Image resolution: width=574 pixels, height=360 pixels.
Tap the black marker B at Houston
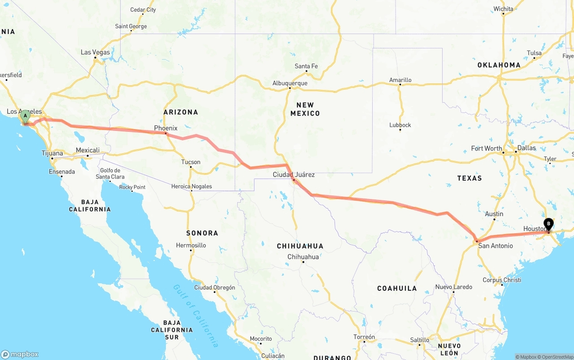(548, 224)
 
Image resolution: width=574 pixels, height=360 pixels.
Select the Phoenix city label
(166, 128)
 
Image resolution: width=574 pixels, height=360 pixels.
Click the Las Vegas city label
(95, 52)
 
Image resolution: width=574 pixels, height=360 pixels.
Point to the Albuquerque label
(290, 83)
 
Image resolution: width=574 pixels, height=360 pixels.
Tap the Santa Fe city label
(306, 66)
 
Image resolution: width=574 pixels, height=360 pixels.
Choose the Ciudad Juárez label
(294, 174)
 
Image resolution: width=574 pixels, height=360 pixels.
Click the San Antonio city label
(495, 246)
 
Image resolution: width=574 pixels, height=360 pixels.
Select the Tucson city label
(191, 162)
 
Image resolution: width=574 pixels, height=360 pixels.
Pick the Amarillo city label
(400, 80)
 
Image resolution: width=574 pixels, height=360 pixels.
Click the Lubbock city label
(400, 125)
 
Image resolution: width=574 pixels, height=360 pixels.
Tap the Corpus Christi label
(502, 280)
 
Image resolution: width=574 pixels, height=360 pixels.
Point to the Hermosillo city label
(191, 245)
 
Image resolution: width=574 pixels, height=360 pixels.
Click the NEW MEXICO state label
(305, 109)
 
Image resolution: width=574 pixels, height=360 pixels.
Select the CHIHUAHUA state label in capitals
(300, 246)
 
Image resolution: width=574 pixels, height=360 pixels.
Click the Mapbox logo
(20, 354)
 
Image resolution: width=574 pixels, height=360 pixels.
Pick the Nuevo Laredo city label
(453, 287)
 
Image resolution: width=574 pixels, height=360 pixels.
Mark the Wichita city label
(503, 9)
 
